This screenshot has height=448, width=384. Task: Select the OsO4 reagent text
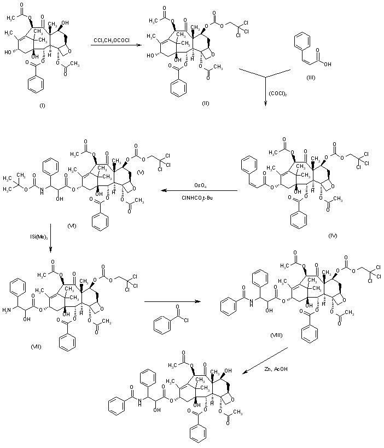point(198,185)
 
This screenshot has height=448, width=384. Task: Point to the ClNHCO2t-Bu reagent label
point(198,197)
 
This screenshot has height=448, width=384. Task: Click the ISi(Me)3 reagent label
point(37,237)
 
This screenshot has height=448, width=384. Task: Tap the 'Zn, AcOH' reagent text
point(275,370)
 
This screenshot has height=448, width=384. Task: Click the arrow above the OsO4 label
point(198,191)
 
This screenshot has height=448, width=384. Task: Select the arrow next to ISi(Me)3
point(50,237)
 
